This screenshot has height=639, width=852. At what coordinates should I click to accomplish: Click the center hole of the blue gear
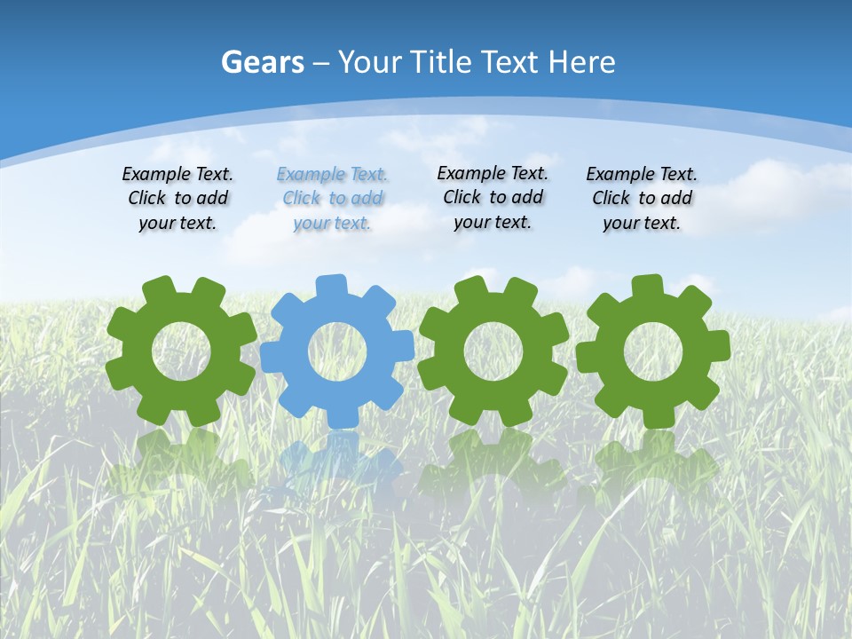click(337, 351)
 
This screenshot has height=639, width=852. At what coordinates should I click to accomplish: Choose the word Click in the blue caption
click(302, 198)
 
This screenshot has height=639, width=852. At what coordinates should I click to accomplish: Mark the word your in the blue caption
click(312, 224)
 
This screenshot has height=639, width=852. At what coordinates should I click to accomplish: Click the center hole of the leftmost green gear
click(181, 351)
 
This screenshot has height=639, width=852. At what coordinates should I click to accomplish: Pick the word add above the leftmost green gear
click(212, 198)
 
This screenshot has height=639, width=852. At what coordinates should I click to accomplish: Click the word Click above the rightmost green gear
click(611, 198)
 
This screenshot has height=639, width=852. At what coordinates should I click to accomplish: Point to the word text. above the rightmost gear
click(661, 224)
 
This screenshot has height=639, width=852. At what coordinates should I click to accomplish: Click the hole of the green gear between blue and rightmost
click(493, 350)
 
